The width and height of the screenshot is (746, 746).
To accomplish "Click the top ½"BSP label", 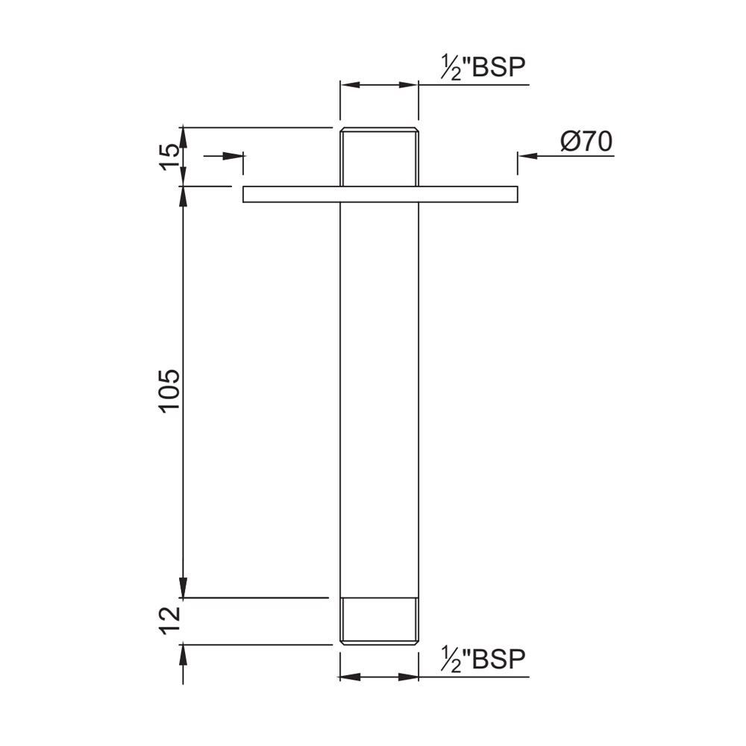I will [483, 68].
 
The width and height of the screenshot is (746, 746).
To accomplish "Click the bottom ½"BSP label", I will [483, 660].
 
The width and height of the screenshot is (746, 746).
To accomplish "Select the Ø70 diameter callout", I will [585, 142].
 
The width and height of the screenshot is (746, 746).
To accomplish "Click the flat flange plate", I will [380, 194].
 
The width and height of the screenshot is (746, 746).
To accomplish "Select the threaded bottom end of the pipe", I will [379, 620].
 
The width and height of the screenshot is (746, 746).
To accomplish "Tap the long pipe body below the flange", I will [379, 395].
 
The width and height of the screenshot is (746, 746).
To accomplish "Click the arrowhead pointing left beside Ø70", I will [528, 156].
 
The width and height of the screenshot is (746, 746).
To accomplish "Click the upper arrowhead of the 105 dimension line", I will [183, 195].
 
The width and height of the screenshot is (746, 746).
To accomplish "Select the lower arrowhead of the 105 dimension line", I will [183, 588].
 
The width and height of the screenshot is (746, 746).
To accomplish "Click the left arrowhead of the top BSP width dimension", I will [350, 85].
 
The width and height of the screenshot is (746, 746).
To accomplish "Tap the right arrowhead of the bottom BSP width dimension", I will [408, 677].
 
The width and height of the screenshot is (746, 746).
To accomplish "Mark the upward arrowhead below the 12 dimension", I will [183, 653].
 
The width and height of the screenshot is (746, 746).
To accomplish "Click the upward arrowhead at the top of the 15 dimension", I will [183, 137].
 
